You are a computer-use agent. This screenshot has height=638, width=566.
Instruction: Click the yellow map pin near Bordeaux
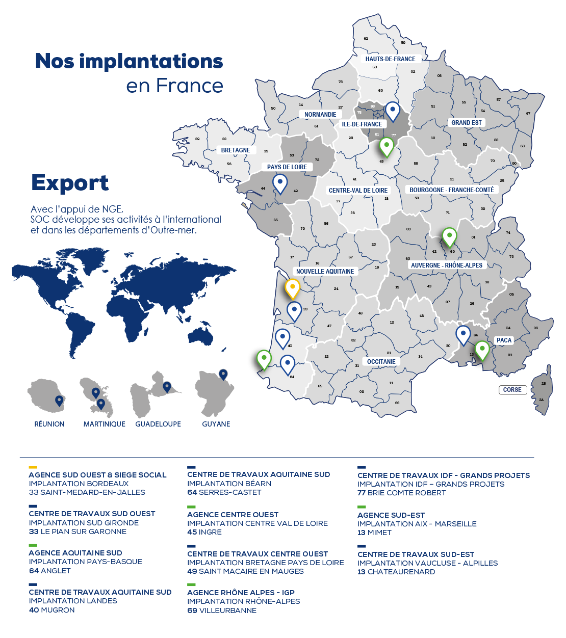coord(292,288)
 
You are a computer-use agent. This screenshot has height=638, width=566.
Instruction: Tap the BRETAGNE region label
coord(236,150)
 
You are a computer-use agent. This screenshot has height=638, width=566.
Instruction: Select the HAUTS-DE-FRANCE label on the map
coord(390,59)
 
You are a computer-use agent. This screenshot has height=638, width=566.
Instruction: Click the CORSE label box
coord(512,390)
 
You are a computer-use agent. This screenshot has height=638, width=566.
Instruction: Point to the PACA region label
coord(504,340)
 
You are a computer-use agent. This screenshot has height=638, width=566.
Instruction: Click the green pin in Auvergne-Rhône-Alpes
coord(449,236)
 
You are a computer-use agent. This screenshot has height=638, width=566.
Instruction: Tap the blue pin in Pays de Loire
coord(280,183)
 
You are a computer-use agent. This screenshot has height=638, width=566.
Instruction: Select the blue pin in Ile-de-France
coord(392,111)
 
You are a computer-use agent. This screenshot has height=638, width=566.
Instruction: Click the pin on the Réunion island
coord(59,401)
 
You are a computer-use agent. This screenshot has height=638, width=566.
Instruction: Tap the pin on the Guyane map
coord(223,375)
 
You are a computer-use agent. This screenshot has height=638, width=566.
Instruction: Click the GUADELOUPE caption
coord(158,424)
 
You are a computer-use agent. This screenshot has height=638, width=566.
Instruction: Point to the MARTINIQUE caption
coord(104,424)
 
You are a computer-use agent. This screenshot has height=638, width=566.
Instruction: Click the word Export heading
coord(70,183)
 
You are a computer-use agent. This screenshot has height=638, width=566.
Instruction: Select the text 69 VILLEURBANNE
coord(222,610)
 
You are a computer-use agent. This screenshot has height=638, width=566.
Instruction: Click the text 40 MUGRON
coord(52,610)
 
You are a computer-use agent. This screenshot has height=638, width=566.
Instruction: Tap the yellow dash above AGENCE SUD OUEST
coord(33,467)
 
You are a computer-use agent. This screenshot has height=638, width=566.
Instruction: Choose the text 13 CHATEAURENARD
coord(396,572)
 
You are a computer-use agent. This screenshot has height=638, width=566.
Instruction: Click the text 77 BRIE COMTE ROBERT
coord(401,493)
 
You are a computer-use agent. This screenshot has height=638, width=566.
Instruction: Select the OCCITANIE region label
coord(381,362)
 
